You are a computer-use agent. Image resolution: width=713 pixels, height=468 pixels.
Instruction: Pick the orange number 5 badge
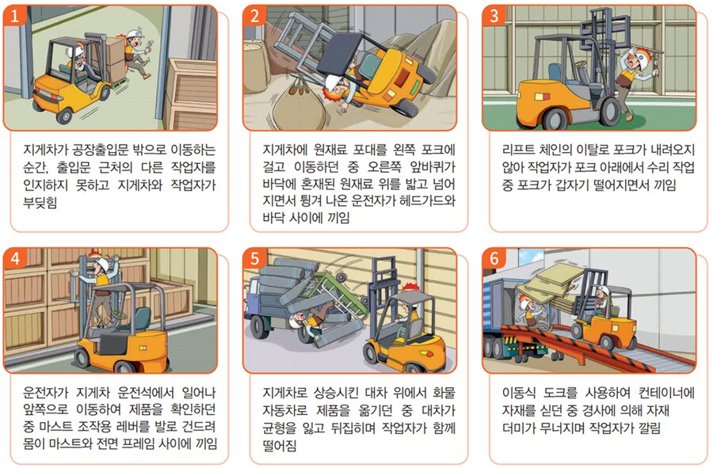[x=254, y=259]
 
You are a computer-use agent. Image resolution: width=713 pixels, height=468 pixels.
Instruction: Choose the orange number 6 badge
[x=494, y=259]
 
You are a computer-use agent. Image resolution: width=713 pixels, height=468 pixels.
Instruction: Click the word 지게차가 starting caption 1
[x=50, y=150]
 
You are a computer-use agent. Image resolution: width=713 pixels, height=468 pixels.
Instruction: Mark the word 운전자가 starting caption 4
[x=52, y=393]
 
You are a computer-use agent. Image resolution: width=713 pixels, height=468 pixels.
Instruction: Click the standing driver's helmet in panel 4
[x=97, y=264]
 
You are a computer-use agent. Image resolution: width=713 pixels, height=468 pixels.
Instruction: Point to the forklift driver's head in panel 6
[x=602, y=295]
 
